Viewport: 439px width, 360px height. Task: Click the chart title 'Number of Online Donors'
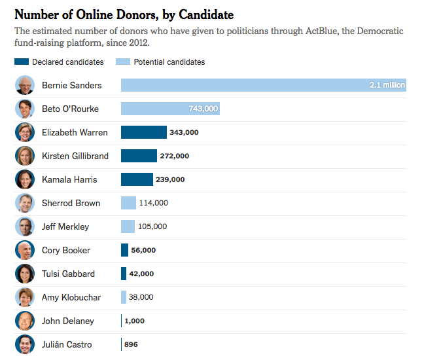pyautogui.click(x=124, y=14)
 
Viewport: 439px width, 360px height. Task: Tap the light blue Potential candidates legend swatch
pyautogui.click(x=123, y=62)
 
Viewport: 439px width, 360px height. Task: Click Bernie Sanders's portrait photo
pyautogui.click(x=25, y=85)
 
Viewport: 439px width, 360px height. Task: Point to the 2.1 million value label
pyautogui.click(x=387, y=85)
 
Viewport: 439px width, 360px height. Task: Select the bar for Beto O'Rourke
pyautogui.click(x=170, y=109)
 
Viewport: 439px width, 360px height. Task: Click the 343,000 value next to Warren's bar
pyautogui.click(x=184, y=132)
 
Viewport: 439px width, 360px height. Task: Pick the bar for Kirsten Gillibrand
pyautogui.click(x=139, y=156)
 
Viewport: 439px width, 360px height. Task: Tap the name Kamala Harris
pyautogui.click(x=69, y=179)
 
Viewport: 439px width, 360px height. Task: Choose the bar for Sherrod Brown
pyautogui.click(x=128, y=203)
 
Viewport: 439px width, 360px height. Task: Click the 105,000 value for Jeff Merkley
pyautogui.click(x=153, y=226)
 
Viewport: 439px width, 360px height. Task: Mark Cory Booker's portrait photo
pyautogui.click(x=25, y=250)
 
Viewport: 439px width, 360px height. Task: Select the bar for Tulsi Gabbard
pyautogui.click(x=124, y=274)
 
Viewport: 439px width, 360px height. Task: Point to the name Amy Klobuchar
pyautogui.click(x=71, y=297)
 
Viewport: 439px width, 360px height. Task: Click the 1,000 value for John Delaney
pyautogui.click(x=135, y=321)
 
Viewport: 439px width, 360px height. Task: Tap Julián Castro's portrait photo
pyautogui.click(x=25, y=344)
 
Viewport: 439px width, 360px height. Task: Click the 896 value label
pyautogui.click(x=131, y=344)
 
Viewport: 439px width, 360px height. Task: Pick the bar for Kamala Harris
pyautogui.click(x=137, y=179)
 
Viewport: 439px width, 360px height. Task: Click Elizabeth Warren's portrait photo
pyautogui.click(x=25, y=132)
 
